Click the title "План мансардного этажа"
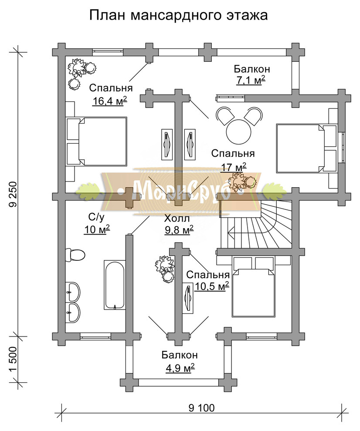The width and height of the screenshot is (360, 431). (178, 15)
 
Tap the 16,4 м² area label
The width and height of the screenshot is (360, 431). (109, 101)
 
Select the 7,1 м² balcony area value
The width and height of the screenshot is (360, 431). (251, 81)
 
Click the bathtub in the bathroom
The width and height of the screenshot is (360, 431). (115, 284)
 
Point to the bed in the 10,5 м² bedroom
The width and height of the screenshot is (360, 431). (254, 287)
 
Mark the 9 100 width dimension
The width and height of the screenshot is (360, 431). (202, 408)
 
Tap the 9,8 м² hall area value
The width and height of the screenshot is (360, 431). (179, 230)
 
